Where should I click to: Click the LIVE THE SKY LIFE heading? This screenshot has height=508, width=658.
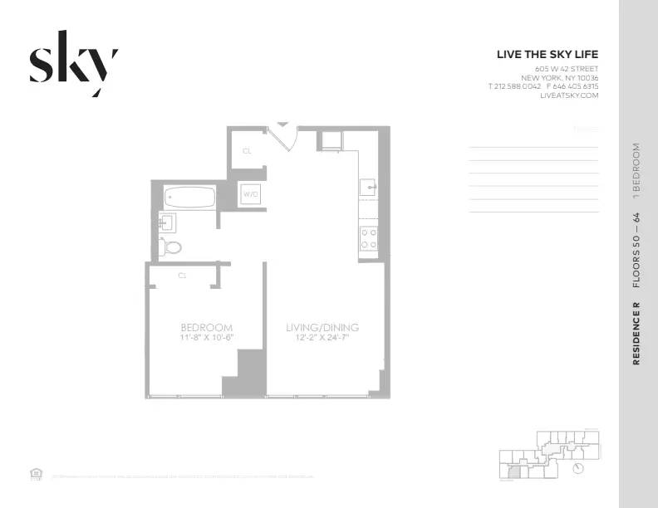click(x=547, y=54)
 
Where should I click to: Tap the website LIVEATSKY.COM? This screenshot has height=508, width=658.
click(x=569, y=95)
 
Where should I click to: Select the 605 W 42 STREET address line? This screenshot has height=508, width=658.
click(x=567, y=68)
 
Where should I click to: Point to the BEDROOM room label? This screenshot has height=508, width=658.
click(x=207, y=327)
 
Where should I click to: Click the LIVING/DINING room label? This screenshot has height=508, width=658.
click(x=322, y=327)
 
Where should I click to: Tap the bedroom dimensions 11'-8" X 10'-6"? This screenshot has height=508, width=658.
click(x=207, y=338)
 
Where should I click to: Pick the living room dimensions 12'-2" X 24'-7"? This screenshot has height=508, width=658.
click(x=322, y=338)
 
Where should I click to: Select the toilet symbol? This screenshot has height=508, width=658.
click(x=172, y=246)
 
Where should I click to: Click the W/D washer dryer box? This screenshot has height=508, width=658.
click(x=249, y=194)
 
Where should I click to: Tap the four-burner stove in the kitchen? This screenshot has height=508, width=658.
click(x=368, y=239)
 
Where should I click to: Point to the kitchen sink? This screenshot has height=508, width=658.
click(x=368, y=188)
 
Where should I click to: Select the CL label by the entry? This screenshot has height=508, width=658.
click(x=247, y=151)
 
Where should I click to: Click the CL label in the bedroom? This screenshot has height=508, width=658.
click(x=181, y=274)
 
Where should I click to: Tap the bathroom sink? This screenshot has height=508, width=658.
click(x=166, y=222)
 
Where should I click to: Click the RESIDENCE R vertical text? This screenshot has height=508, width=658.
click(x=636, y=334)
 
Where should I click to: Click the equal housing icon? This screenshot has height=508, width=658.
click(x=36, y=474)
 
